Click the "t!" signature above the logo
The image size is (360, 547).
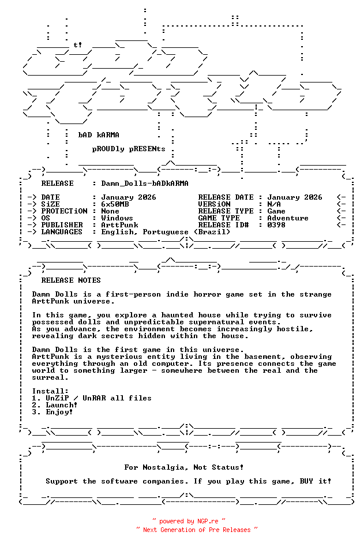78,44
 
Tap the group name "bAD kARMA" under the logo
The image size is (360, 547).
99,135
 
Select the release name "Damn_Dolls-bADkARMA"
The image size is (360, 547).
145,183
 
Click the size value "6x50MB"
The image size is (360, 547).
115,204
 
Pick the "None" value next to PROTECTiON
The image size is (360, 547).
110,211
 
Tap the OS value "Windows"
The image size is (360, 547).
117,218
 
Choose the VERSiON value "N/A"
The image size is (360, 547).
274,204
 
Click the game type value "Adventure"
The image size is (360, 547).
288,218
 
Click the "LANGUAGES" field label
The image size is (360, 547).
62,232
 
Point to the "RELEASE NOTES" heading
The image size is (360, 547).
71,280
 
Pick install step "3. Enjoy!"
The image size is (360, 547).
52,412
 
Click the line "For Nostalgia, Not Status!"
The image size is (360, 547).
184,467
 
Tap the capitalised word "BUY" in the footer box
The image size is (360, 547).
306,481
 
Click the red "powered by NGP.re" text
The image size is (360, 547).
189,521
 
